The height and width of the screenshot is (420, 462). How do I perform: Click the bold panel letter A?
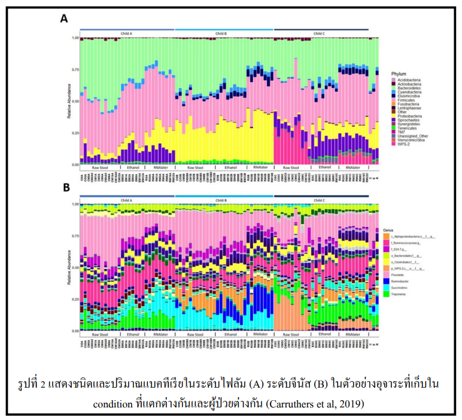tap(63, 19)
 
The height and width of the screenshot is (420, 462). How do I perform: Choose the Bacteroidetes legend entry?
tap(405, 89)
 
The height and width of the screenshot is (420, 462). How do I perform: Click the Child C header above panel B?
tap(321, 200)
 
